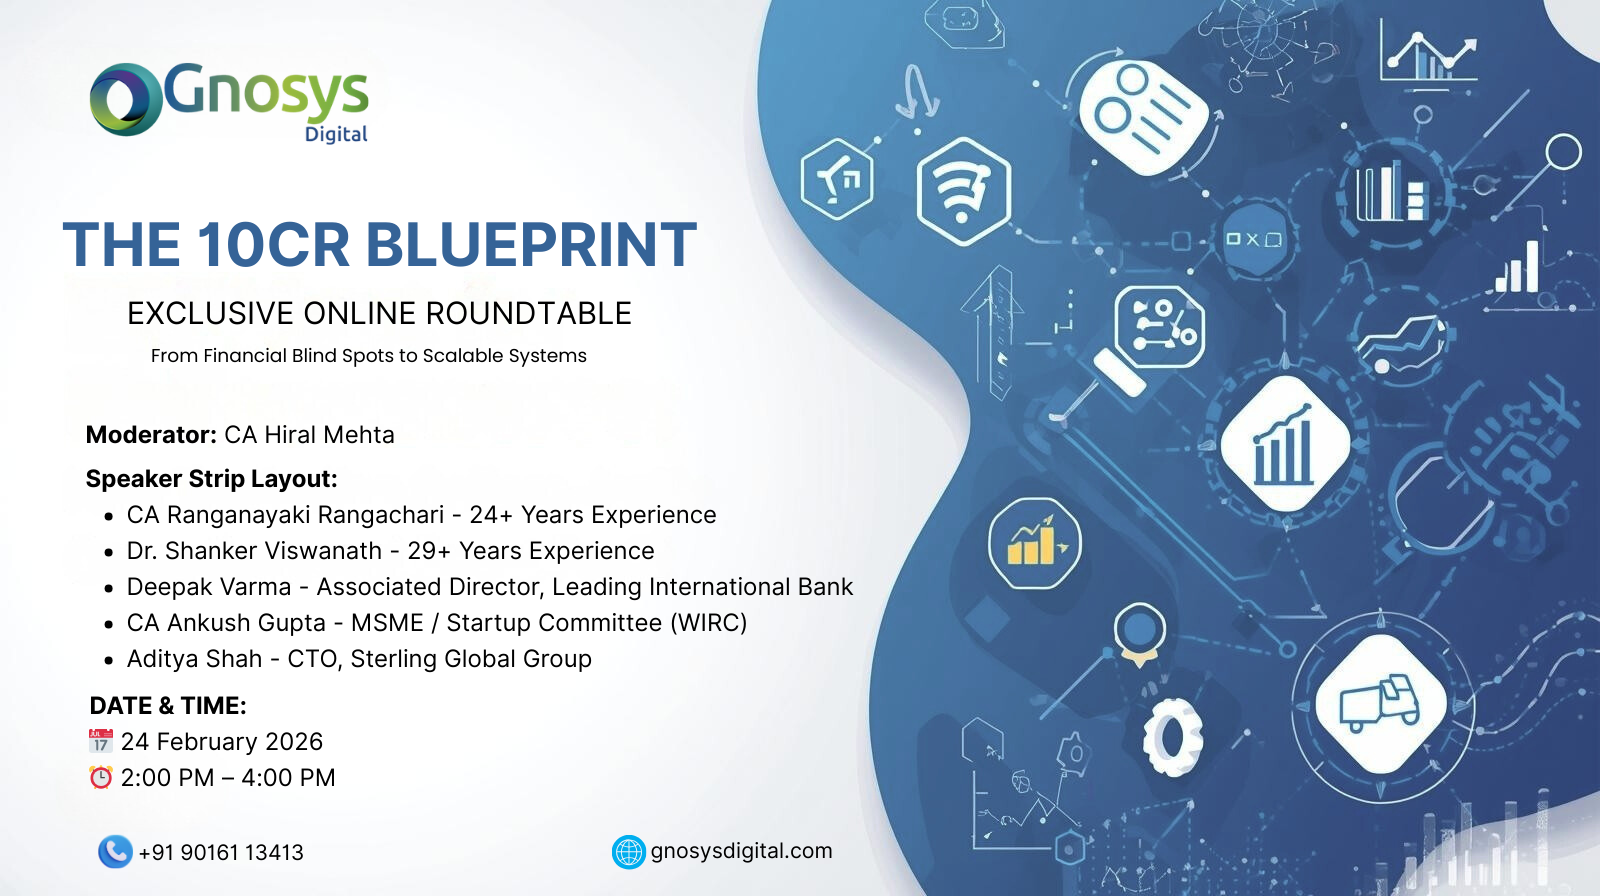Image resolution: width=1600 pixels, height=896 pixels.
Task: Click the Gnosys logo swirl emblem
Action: click(126, 99)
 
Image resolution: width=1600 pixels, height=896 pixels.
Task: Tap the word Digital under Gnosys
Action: click(336, 134)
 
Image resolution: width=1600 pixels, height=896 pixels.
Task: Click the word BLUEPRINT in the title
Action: click(531, 244)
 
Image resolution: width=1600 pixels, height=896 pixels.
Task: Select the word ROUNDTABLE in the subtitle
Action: click(529, 313)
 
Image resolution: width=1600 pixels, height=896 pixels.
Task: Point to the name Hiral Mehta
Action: click(329, 434)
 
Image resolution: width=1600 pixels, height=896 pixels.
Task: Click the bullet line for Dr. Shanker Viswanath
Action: click(390, 551)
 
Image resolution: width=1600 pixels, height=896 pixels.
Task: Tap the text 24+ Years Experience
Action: click(593, 514)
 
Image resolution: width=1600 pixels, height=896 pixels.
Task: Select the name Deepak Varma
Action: click(209, 587)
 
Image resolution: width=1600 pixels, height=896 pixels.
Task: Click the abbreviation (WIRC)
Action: click(709, 622)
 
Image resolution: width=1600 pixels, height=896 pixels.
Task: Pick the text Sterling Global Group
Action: click(471, 659)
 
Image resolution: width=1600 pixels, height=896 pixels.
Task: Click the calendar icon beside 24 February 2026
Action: click(101, 741)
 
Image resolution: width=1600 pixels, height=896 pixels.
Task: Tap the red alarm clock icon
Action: click(101, 777)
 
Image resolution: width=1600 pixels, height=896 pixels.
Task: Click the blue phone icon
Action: click(115, 852)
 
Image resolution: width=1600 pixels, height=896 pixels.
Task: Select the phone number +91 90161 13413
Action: click(221, 852)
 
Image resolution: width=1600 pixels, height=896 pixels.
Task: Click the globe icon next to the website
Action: click(629, 852)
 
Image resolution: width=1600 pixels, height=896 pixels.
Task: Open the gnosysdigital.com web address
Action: click(741, 851)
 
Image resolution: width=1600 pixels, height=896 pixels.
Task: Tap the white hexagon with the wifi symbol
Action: click(964, 191)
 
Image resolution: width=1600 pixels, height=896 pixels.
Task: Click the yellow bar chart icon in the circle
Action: click(1034, 543)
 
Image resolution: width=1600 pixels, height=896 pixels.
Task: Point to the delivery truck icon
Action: click(1380, 703)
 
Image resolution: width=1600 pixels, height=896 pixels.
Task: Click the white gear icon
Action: click(1172, 737)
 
